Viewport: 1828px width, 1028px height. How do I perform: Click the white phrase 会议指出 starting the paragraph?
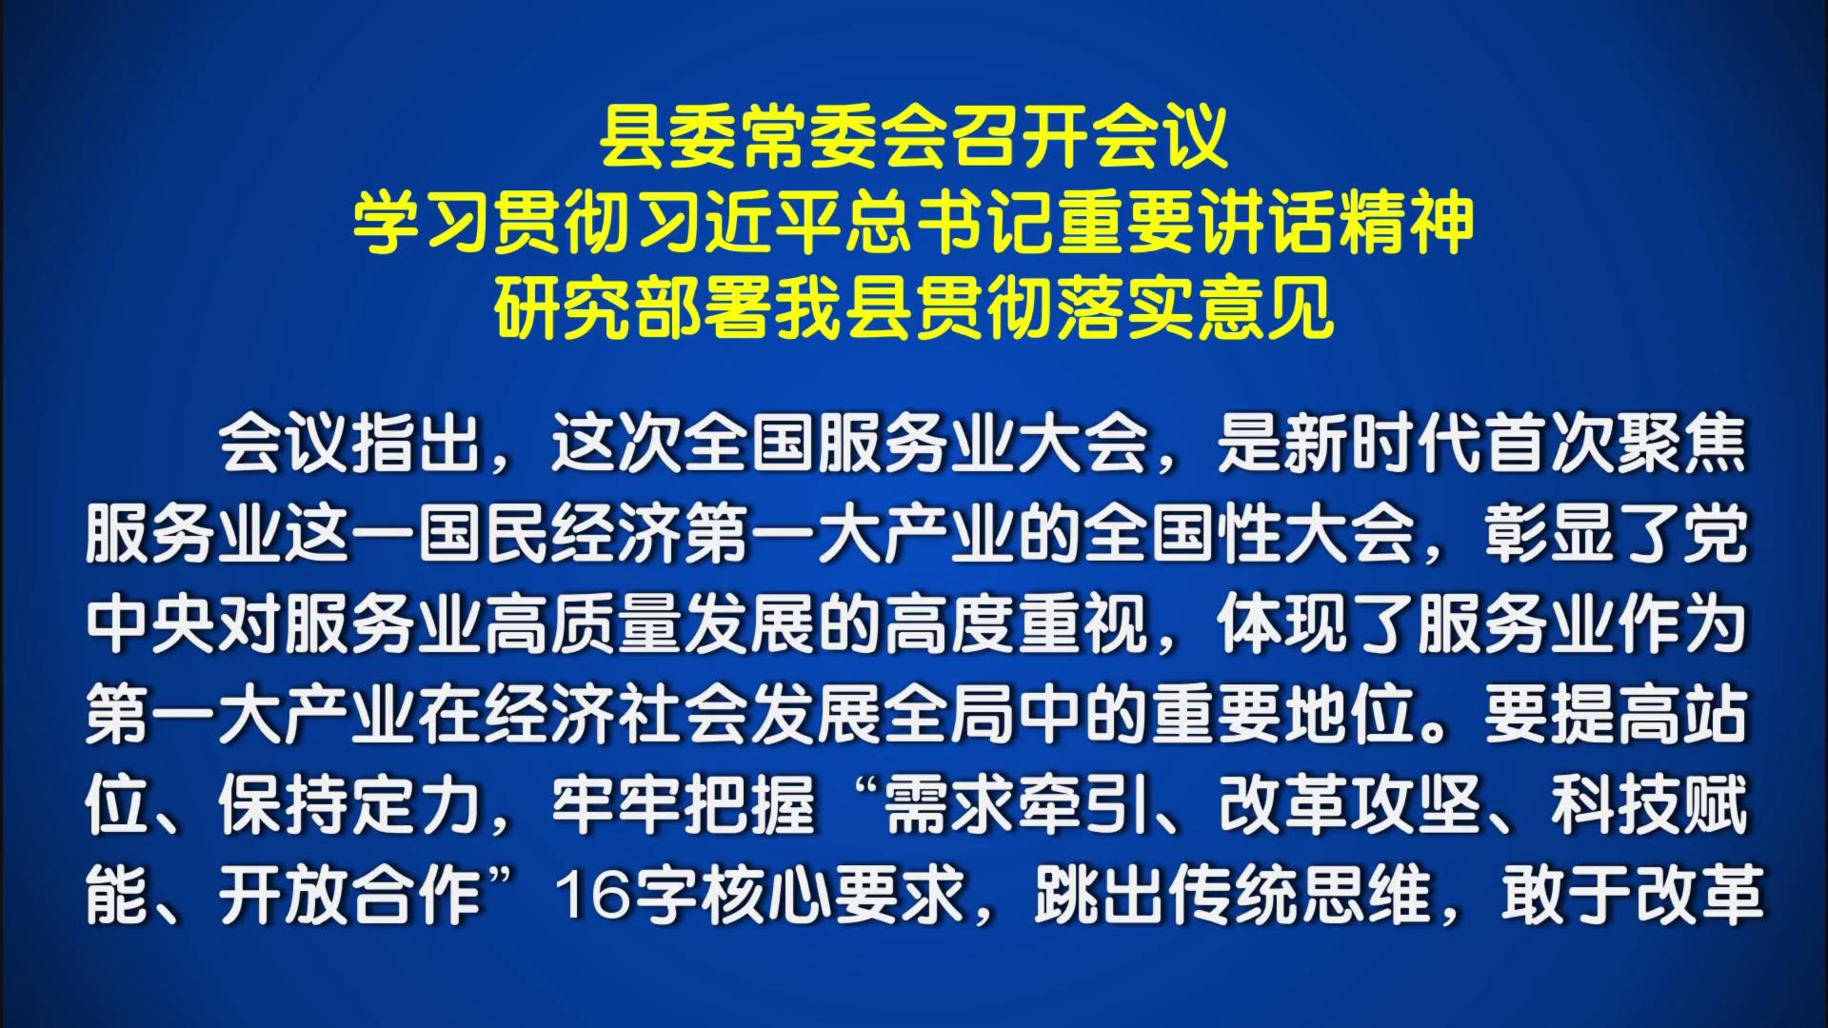click(x=349, y=444)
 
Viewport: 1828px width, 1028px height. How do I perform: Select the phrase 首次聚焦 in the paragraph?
click(x=1615, y=444)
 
